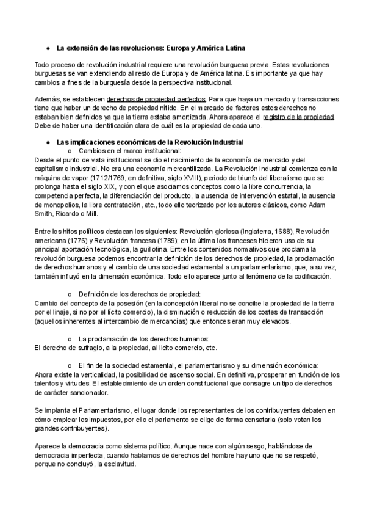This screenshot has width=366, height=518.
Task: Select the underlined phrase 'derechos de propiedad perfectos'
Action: [156, 99]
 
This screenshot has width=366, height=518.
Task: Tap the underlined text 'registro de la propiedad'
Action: [298, 116]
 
